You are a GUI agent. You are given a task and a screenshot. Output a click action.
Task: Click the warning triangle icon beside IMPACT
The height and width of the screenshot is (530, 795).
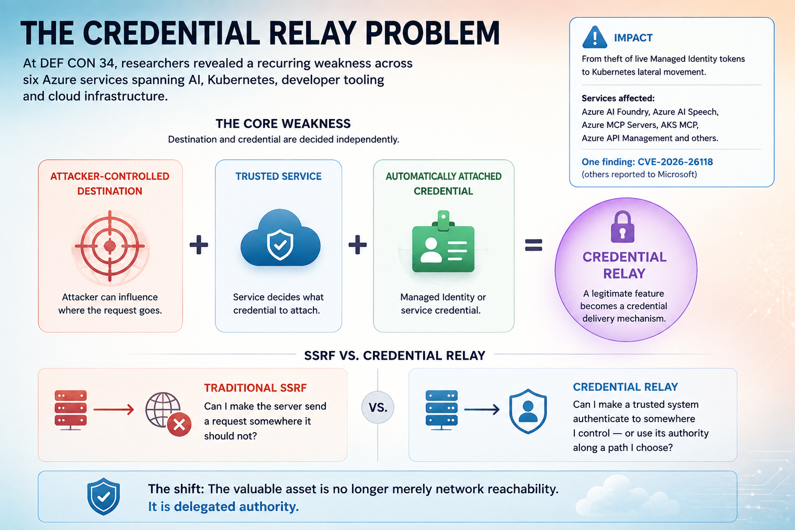595,37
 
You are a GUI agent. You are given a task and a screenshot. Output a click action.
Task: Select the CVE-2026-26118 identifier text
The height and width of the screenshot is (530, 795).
675,162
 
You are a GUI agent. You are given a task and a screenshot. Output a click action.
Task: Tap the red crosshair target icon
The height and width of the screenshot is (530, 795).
110,246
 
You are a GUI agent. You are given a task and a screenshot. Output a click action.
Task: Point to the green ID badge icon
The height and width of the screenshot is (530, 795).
443,242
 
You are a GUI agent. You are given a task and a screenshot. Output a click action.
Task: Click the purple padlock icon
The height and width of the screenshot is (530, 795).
623,227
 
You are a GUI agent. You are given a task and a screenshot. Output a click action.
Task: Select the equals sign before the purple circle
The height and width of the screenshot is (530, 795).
533,245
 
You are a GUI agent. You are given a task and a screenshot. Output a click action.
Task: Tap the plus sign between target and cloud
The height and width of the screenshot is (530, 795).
199,244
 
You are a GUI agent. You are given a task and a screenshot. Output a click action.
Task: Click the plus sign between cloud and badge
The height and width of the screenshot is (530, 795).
357,244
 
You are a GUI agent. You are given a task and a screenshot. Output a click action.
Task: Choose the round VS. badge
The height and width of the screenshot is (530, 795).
378,407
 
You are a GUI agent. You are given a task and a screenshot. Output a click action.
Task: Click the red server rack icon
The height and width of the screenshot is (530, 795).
70,410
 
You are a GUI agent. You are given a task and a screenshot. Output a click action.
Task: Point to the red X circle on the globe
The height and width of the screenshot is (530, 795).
179,424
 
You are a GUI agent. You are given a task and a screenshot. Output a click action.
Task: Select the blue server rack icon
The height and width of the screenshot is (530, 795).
441,410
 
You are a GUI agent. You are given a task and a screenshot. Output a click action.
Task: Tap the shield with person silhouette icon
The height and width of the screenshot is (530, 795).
528,411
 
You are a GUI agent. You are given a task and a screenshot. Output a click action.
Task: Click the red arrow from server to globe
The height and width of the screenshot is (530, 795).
114,410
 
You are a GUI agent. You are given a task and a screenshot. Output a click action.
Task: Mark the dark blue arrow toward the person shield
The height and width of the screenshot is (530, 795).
482,410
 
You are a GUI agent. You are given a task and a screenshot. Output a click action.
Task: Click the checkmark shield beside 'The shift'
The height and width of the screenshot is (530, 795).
103,496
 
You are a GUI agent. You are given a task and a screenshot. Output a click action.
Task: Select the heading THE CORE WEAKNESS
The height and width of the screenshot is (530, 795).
283,124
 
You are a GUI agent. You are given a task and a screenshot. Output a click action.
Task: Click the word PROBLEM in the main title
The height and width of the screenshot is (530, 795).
432,33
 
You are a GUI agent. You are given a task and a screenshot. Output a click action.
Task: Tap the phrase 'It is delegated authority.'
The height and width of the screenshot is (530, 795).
223,507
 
